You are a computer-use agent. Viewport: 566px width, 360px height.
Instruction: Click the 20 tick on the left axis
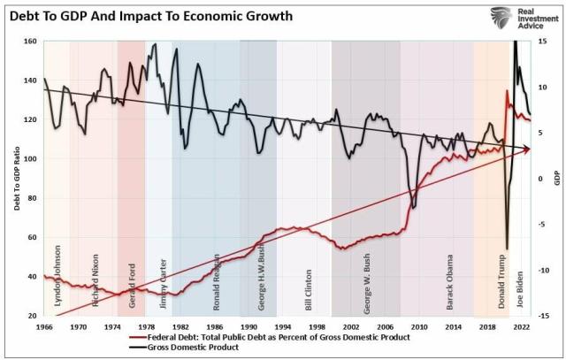(32, 316)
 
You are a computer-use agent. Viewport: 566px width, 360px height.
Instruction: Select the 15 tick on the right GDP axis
(542, 42)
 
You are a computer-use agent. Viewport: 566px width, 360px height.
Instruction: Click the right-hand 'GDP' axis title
(557, 178)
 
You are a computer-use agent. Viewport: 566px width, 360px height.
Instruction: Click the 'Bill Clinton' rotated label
(309, 287)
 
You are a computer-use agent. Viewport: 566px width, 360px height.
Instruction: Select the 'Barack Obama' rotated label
(449, 283)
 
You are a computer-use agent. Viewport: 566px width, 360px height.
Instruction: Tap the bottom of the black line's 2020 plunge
(507, 249)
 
